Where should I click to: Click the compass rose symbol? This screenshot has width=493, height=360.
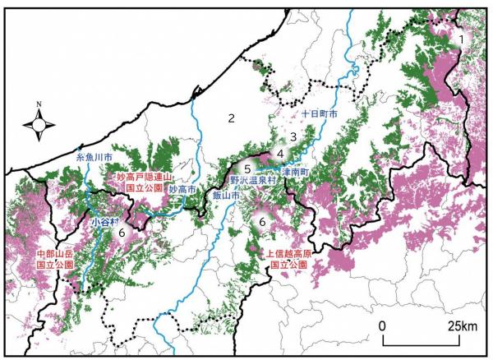point(39,123)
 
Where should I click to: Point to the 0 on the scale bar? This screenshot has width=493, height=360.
point(383,326)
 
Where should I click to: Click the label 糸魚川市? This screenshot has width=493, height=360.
point(92,155)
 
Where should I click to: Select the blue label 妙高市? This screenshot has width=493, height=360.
point(182,188)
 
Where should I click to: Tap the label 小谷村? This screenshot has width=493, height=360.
point(105,220)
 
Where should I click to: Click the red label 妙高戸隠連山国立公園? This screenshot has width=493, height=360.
point(137,182)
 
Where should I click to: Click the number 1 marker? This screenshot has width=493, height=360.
point(463,39)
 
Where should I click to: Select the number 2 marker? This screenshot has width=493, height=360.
point(232,118)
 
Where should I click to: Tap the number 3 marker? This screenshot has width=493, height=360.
point(293,136)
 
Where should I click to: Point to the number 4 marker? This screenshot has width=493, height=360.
point(280,153)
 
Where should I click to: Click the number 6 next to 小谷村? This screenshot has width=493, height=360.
point(122,234)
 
